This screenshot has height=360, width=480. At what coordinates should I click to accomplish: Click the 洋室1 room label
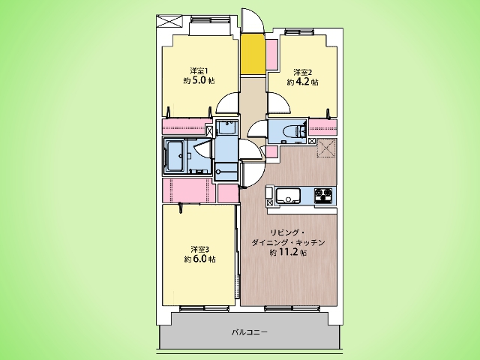pos(199,71)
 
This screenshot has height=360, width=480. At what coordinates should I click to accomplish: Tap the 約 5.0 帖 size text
pos(199,81)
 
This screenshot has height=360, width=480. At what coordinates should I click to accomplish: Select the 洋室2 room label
pos(303,73)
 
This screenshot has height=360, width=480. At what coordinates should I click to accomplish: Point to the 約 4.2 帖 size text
pos(302,82)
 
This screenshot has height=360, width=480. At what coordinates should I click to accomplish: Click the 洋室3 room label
pos(200,249)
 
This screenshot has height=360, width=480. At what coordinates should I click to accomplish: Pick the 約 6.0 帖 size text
pos(200,259)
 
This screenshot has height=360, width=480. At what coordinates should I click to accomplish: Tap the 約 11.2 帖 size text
pos(288,253)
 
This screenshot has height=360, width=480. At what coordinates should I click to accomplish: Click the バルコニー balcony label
pos(250,332)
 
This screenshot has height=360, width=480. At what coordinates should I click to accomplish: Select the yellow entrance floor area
pos(253,54)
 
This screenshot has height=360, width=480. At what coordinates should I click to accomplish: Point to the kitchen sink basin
pos(288,196)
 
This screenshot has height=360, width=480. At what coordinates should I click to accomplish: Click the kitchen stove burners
pos(323,195)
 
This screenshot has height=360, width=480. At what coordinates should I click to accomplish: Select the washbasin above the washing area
pos(226,127)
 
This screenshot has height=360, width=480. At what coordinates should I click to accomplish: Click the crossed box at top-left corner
pos(169,21)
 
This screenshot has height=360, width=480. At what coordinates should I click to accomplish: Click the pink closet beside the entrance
pos(271,55)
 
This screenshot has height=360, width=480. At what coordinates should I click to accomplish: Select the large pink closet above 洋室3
pos(189,190)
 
